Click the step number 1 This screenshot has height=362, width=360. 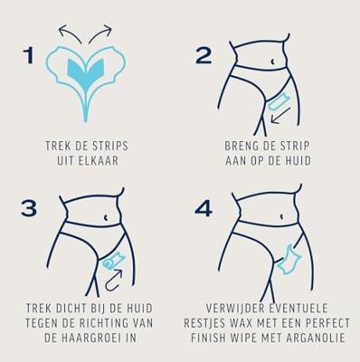tap(29, 55)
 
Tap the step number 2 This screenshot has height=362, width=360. tap(204, 56)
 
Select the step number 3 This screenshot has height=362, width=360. tap(29, 208)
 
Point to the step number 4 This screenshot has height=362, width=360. tap(204, 209)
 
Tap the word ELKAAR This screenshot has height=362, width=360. tap(99, 161)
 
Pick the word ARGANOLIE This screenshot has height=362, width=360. tap(316, 338)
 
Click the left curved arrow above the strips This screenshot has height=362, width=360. tap(69, 33)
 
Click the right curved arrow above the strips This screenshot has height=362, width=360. tap(100, 33)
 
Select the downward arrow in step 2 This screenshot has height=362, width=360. tap(280, 116)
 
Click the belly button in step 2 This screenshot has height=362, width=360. tap(272, 62)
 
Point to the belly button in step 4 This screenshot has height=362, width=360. tap(281, 216)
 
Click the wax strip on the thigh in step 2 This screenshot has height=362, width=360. tap(279, 102)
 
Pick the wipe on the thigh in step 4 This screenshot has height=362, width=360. tap(289, 260)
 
